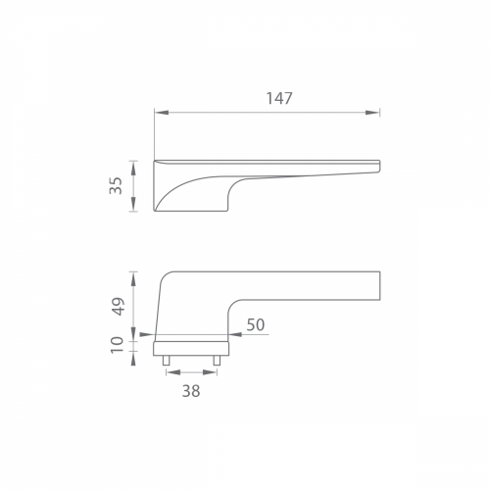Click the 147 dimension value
[x=279, y=98]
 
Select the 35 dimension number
[x=116, y=185]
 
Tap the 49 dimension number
[x=118, y=306]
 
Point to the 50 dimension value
[x=256, y=324]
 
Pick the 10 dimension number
[x=118, y=345]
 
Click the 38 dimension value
[x=191, y=391]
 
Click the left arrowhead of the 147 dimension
[x=162, y=113]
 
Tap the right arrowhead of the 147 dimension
[x=372, y=113]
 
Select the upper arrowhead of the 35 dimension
[x=133, y=168]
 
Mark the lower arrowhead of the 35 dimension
[x=133, y=204]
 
